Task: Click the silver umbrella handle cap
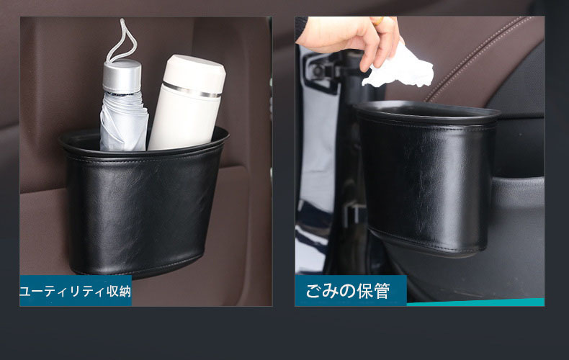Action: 122,76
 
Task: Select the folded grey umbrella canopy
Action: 123,122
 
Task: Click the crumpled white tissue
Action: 399,69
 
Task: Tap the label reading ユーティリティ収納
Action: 76,291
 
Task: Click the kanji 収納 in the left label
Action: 118,291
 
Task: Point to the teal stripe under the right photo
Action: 475,302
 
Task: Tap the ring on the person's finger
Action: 377,21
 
